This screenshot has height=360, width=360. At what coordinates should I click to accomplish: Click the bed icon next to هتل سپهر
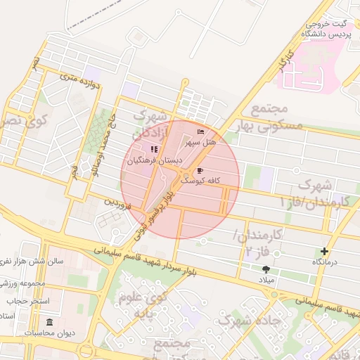coord(201,131)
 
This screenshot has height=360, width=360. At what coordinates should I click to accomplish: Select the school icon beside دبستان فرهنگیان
coord(154,149)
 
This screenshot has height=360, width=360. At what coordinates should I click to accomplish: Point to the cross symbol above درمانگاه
coord(324,251)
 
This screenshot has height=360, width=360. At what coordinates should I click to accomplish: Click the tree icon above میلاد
coord(266,269)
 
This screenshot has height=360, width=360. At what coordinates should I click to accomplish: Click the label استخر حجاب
coord(27,301)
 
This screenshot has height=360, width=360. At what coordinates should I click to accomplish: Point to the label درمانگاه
coord(326,262)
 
